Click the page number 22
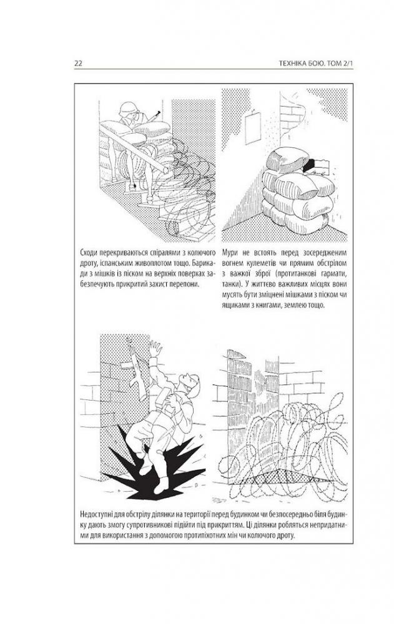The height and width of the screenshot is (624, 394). (78, 64)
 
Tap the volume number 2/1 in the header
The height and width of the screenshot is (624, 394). (347, 64)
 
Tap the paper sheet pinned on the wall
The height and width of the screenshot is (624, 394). (253, 128)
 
